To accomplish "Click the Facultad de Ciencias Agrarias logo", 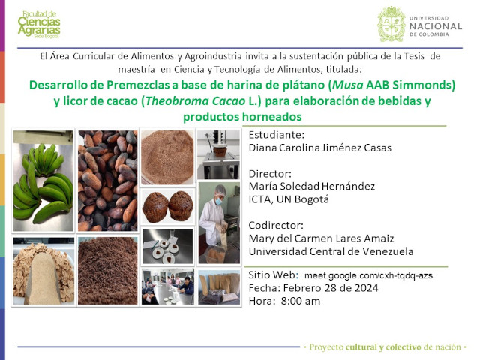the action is coord(39,25).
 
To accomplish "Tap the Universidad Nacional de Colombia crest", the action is coord(391,24).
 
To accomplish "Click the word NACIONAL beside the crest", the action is coord(436,26).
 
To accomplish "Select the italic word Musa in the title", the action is coord(348,85).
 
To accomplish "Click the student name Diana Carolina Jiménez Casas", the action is coord(320,148).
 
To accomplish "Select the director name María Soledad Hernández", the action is coord(312,187).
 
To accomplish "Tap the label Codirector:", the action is coord(276,225).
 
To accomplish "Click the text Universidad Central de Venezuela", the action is coord(331,251).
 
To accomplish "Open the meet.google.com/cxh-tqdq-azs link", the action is coord(368,275).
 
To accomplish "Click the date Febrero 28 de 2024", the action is coord(331,288).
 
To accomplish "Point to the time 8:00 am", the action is coord(301,301).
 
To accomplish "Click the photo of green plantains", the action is coord(43,181).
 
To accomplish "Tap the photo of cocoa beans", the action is coord(107,181).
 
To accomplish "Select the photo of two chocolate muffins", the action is coord(167,207).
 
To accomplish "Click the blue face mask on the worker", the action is coord(218,202).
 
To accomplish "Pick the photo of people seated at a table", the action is coord(167,286).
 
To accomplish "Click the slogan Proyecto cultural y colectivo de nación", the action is coord(385,346).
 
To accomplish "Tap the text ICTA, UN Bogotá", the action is coord(289,199).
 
